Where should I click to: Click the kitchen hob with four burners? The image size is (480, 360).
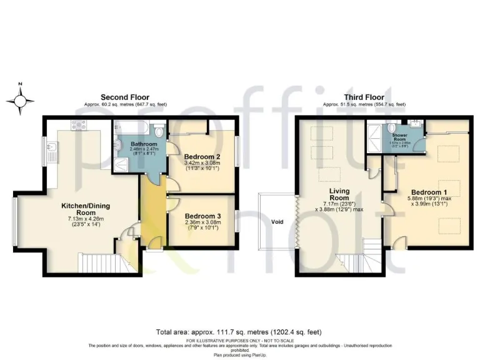point(79,125)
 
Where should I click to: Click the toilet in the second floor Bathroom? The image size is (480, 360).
point(159,131)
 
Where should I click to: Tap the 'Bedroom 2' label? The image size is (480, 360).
point(199,158)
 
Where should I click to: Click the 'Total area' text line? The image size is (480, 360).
point(240,332)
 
